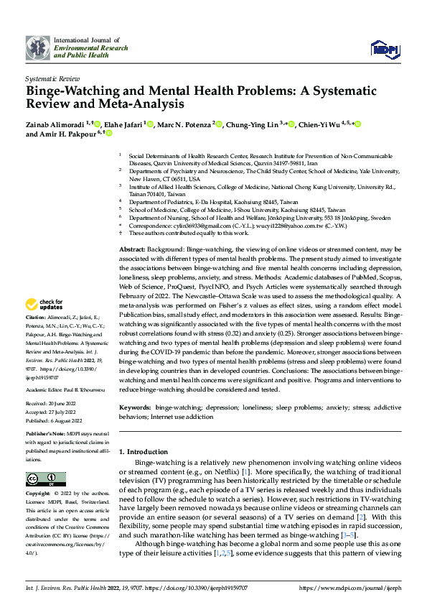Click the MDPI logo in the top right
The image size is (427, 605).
pos(383,49)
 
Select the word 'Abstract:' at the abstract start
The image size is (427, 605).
pos(133,246)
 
